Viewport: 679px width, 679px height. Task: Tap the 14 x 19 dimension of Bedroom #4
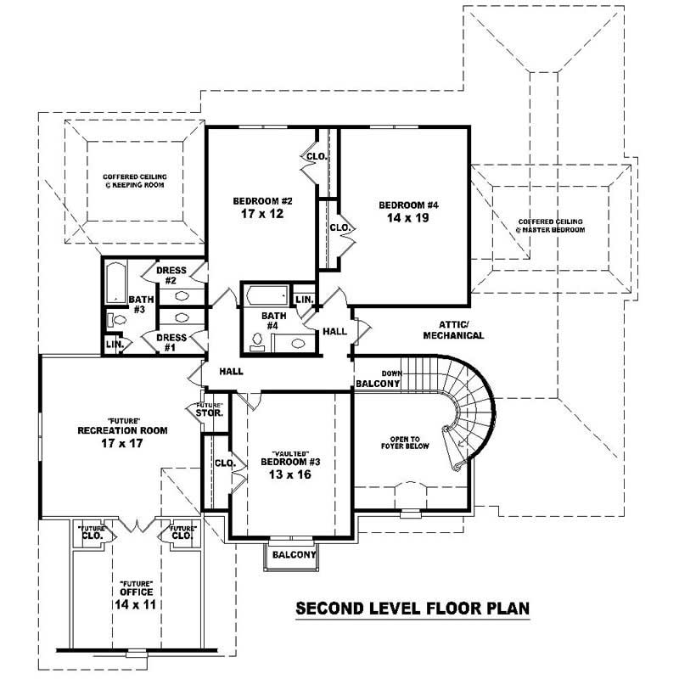coord(407,218)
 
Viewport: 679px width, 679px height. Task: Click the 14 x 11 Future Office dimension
coord(135,604)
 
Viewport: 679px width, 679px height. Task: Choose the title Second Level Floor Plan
coord(412,609)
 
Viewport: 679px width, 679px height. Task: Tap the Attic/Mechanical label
coord(461,329)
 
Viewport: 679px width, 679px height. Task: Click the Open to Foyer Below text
coord(404,442)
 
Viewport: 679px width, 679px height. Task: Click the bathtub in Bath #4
coord(264,295)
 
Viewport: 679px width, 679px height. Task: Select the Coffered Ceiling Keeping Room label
coord(135,180)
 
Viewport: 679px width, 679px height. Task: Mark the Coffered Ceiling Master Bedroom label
coord(552,226)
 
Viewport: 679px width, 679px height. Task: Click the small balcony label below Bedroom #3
coord(294,555)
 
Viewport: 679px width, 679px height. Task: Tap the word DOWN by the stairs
coord(390,372)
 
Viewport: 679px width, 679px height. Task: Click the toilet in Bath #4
coord(257,339)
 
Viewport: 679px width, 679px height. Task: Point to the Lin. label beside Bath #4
coord(302,299)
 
